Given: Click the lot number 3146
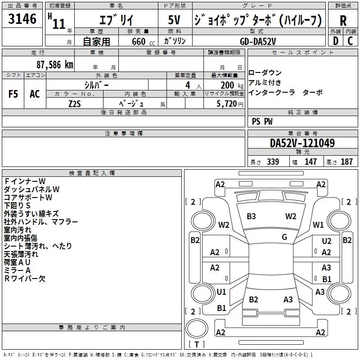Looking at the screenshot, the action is pos(22,18).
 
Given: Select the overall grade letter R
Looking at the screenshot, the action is pos(343,21).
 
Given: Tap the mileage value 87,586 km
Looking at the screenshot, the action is pos(54,65).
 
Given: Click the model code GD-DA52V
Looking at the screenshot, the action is pos(258,41).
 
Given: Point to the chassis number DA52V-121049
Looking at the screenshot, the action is pos(302,143).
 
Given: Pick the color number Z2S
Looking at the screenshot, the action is pos(75,104).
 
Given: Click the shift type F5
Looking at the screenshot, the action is pos(13,94).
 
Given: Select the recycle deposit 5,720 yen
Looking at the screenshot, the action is pos(229,104).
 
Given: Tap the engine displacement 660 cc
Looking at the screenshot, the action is pos(143,41).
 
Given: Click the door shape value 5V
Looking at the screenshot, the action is pos(174,20).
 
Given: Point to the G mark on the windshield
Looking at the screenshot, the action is pos(284,237).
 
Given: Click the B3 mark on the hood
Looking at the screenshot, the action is pos(251,216).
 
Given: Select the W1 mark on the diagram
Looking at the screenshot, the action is pos(318,225).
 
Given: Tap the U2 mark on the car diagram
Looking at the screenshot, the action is pos(327,241).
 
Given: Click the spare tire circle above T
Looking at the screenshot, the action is pos(197,328).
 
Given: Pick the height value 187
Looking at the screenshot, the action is pos(346,162).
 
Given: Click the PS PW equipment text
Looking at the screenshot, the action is pos(262,121).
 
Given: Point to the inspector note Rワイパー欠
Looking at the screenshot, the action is pos(25,279).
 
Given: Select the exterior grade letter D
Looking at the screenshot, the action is pos(336,41).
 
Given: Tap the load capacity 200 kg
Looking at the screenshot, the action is pos(232,85).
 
